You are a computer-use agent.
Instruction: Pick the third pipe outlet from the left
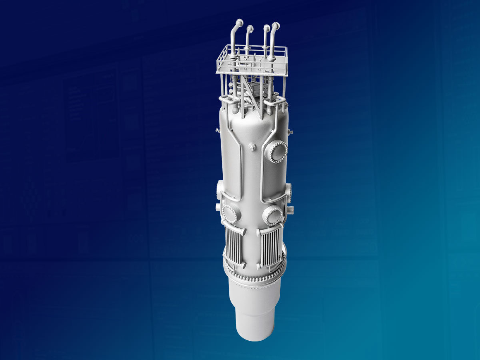click(265, 27)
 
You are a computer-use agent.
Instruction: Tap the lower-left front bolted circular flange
click(230, 214)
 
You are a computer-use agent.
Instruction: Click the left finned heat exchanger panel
click(233, 247)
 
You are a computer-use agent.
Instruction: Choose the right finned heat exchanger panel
click(270, 248)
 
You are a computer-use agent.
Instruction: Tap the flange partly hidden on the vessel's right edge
click(288, 191)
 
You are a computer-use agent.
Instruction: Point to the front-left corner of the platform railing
click(218, 72)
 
